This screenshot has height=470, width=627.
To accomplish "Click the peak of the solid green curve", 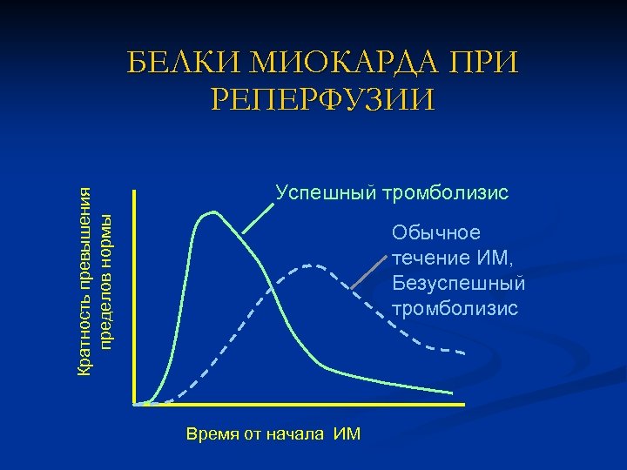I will point(210,212).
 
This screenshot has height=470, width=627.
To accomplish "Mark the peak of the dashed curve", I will point(307,264).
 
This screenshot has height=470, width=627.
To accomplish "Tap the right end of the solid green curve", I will point(453,393).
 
